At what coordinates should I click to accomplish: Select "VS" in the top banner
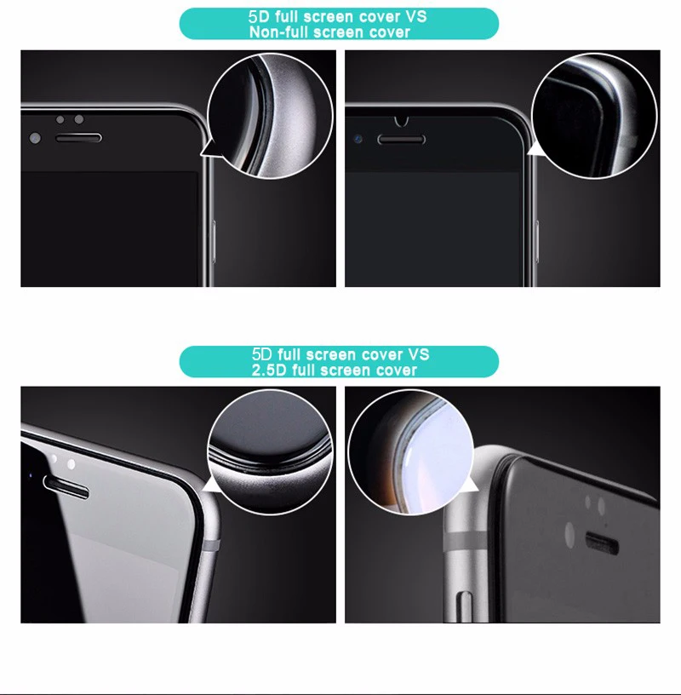click(415, 17)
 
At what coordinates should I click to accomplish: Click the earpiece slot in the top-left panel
click(78, 137)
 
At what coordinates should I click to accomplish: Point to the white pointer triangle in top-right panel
click(535, 150)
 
